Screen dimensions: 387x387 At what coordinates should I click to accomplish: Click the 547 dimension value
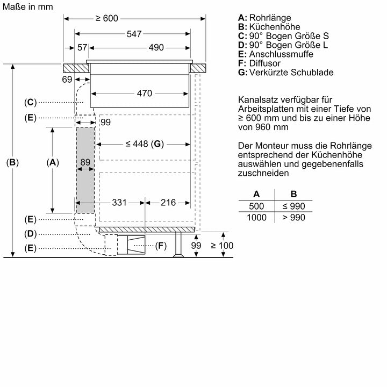pyautogui.click(x=134, y=34)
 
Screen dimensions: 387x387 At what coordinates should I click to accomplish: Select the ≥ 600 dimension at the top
pyautogui.click(x=106, y=19)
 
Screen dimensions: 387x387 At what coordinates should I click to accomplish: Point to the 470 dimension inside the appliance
pyautogui.click(x=144, y=94)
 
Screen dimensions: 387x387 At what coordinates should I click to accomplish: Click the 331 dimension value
pyautogui.click(x=119, y=203)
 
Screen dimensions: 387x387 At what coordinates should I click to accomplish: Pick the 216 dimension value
pyautogui.click(x=168, y=203)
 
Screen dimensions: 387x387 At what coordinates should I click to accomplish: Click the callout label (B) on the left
pyautogui.click(x=12, y=162)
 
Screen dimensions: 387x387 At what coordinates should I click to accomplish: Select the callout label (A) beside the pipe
pyautogui.click(x=52, y=162)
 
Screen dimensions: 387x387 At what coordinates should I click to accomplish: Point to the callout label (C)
pyautogui.click(x=30, y=102)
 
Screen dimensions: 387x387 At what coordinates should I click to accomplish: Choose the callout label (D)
pyautogui.click(x=30, y=234)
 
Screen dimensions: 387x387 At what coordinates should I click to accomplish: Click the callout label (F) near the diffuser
pyautogui.click(x=160, y=246)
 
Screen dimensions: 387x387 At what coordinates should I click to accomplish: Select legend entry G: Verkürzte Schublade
pyautogui.click(x=285, y=73)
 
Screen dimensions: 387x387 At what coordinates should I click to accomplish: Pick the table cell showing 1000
pyautogui.click(x=256, y=217)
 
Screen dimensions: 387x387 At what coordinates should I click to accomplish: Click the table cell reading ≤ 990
pyautogui.click(x=293, y=206)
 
